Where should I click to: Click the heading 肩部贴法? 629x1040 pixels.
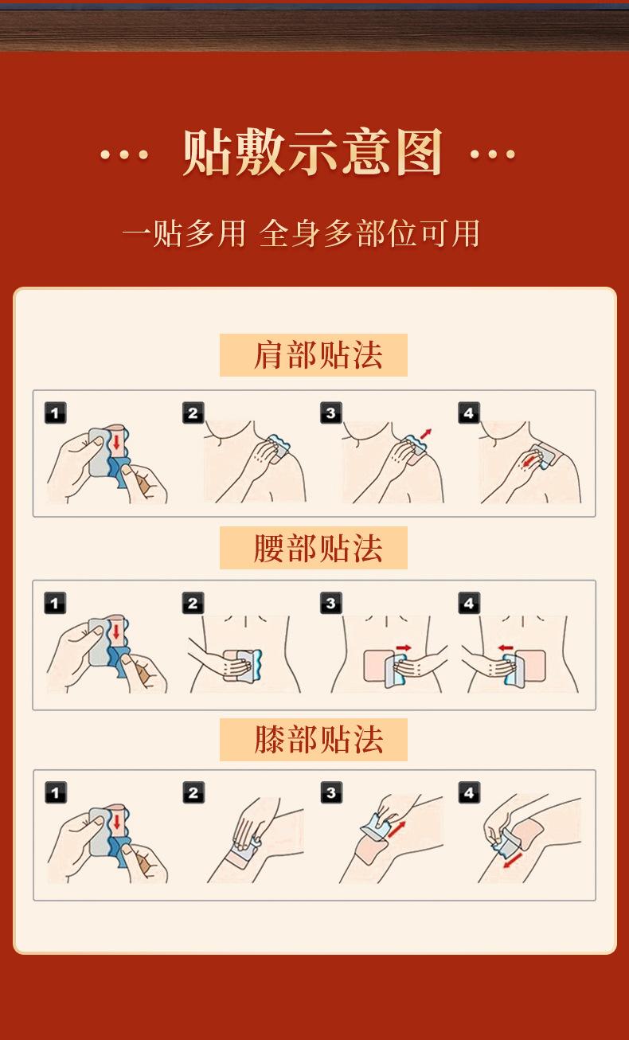pyautogui.click(x=318, y=355)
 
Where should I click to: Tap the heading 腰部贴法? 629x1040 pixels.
pyautogui.click(x=318, y=548)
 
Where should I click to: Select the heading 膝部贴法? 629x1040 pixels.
pyautogui.click(x=318, y=740)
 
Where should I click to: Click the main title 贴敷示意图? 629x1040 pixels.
pyautogui.click(x=312, y=152)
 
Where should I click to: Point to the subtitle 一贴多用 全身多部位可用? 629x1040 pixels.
pyautogui.click(x=301, y=233)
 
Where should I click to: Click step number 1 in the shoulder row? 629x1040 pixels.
pyautogui.click(x=55, y=412)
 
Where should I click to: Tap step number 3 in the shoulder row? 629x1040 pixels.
pyautogui.click(x=331, y=412)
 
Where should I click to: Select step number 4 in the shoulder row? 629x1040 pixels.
pyautogui.click(x=469, y=412)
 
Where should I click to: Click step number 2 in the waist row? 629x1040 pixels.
pyautogui.click(x=193, y=603)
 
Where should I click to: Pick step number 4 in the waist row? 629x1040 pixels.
pyautogui.click(x=469, y=603)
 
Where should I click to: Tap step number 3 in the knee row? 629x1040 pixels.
pyautogui.click(x=331, y=792)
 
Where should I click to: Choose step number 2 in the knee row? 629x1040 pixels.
pyautogui.click(x=193, y=792)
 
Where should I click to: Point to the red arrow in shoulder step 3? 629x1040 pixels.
pyautogui.click(x=426, y=434)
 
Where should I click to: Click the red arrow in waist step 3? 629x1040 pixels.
pyautogui.click(x=404, y=647)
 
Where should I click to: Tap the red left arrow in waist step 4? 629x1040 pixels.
pyautogui.click(x=506, y=647)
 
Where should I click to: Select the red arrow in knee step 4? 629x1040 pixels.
pyautogui.click(x=513, y=860)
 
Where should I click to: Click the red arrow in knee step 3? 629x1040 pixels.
pyautogui.click(x=397, y=829)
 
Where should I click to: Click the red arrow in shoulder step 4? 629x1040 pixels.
pyautogui.click(x=527, y=462)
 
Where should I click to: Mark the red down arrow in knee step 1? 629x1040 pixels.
pyautogui.click(x=116, y=820)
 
